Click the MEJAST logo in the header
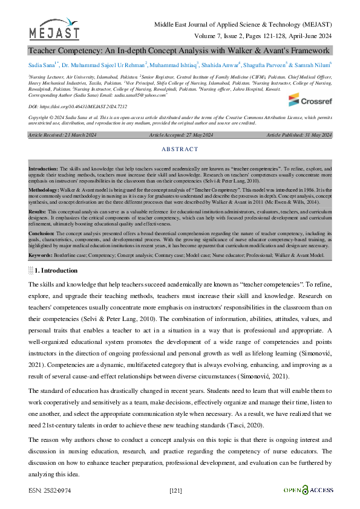point(53,29)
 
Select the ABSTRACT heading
point(180,149)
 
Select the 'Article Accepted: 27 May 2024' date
point(180,135)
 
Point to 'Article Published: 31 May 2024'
point(299,135)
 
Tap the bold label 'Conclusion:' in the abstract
point(42,232)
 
